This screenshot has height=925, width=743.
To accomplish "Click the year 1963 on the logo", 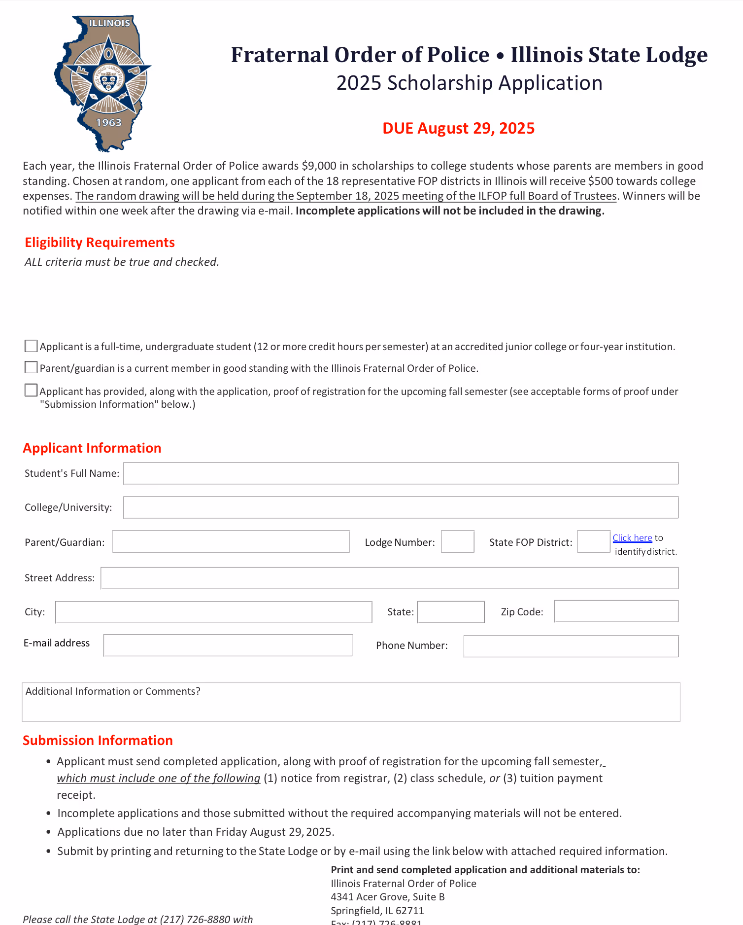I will [108, 122].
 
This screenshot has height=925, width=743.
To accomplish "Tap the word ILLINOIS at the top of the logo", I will [109, 23].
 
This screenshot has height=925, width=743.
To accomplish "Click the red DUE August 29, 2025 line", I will [458, 128].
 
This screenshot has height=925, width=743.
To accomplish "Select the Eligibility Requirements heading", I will [100, 243].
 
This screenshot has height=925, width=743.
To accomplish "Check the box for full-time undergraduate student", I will [31, 346].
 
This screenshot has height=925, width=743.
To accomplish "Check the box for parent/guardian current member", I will [31, 367].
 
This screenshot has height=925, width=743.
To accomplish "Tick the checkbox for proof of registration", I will [31, 391].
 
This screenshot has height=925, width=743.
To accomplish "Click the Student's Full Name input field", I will [401, 473].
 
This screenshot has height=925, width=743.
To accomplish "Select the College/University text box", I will [401, 507].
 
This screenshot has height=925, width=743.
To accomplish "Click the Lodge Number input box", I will [457, 541].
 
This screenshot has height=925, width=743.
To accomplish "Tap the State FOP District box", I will [593, 541].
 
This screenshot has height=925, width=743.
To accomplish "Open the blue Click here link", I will [632, 538].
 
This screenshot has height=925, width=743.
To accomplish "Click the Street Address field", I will [389, 578].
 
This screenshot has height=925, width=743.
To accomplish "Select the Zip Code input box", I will [616, 611].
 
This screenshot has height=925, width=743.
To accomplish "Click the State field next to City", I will [451, 612].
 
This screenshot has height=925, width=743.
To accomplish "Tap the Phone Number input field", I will [571, 646].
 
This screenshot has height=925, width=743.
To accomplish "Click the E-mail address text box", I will [228, 645].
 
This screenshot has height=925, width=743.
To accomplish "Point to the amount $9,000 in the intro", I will [319, 166].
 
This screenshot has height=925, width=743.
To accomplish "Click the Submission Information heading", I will [98, 741].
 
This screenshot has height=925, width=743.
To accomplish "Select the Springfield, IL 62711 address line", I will [377, 910].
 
